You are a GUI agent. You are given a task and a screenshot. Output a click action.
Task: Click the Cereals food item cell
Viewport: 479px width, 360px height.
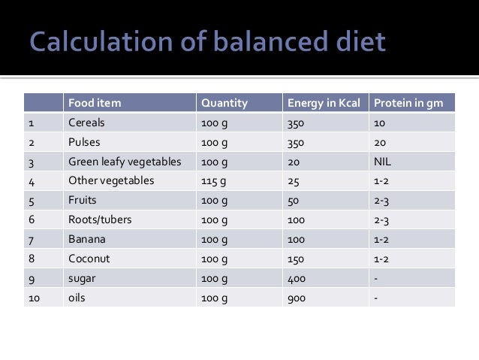point(86,123)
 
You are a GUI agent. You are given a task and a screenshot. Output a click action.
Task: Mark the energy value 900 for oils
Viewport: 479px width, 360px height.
point(297,298)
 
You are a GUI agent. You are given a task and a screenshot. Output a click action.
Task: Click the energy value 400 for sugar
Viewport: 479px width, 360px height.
point(297,279)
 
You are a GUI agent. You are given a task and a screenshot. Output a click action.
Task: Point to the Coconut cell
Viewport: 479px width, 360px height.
point(88,259)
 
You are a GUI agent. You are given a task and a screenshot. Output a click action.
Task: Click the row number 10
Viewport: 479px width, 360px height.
point(36,298)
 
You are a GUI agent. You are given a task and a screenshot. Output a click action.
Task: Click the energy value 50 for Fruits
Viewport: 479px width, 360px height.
point(294,201)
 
